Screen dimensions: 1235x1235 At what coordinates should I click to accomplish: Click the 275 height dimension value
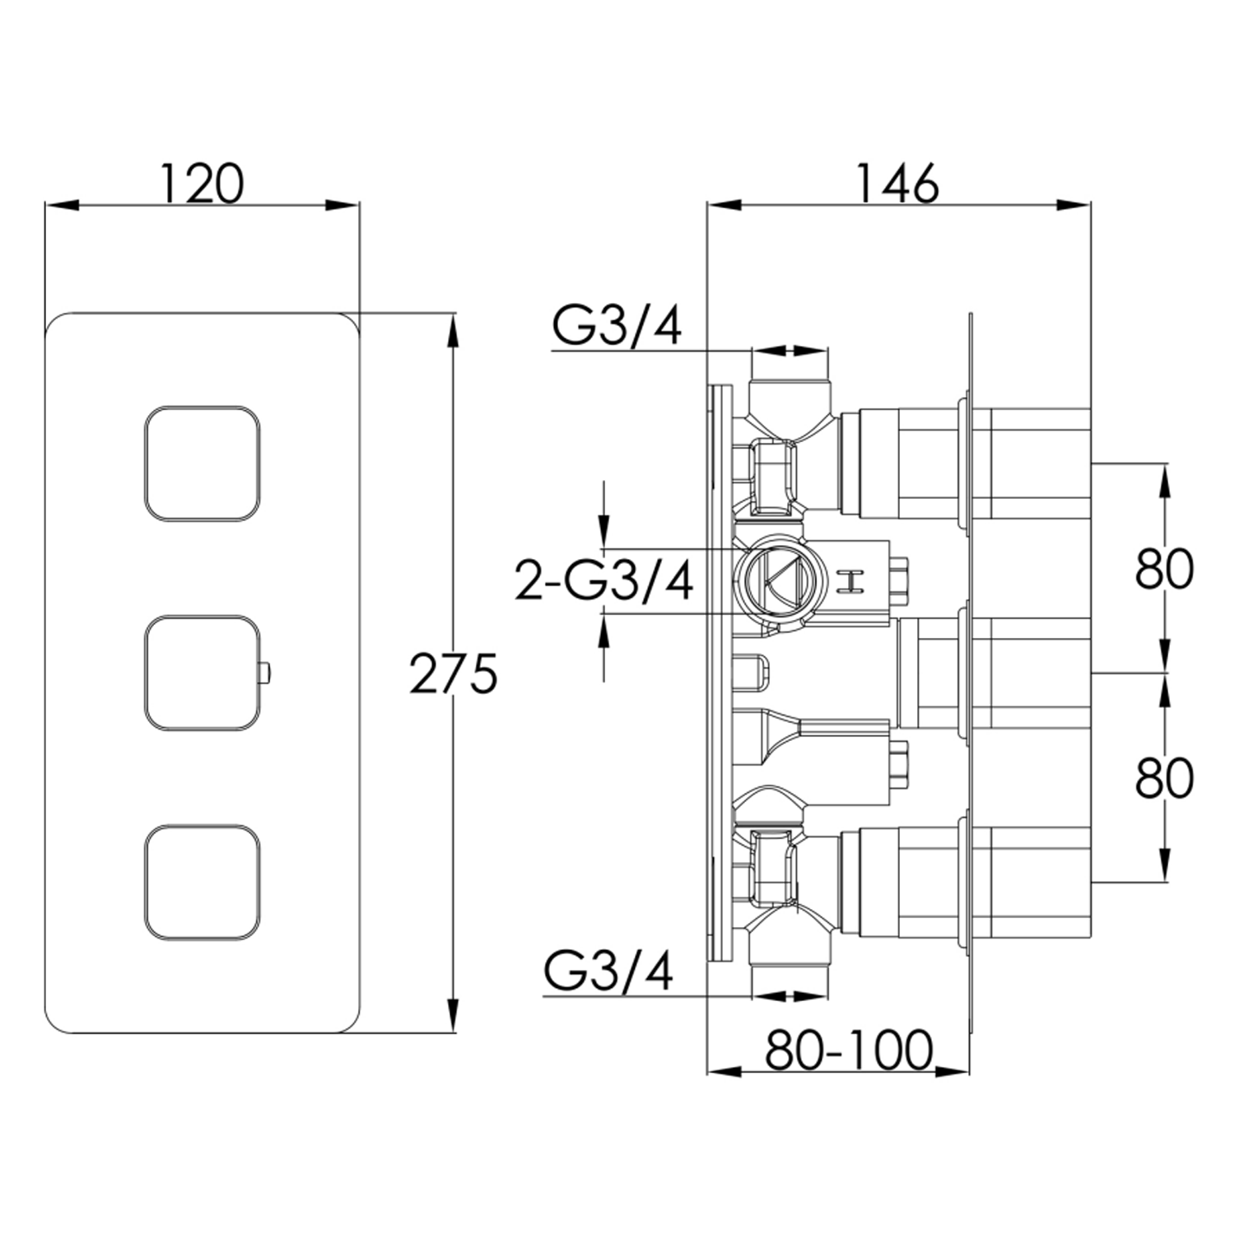[x=454, y=673]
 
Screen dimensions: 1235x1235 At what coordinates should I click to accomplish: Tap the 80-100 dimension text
[x=850, y=1050]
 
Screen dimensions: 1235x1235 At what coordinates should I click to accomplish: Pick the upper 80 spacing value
[x=1164, y=569]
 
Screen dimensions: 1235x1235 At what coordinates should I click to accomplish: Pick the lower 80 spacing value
[x=1164, y=778]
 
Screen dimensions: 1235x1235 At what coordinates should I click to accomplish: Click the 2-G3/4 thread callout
[x=604, y=580]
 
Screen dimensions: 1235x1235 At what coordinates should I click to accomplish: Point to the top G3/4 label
[x=617, y=328]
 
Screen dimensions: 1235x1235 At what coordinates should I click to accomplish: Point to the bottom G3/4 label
[x=608, y=972]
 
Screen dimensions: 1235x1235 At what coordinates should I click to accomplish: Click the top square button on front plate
[x=203, y=464]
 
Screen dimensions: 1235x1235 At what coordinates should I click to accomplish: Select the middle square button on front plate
[x=203, y=673]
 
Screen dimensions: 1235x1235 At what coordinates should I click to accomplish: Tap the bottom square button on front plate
[x=203, y=882]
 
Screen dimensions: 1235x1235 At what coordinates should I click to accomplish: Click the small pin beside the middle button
[x=263, y=673]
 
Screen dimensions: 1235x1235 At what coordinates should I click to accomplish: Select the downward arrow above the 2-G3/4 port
[x=604, y=527]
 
